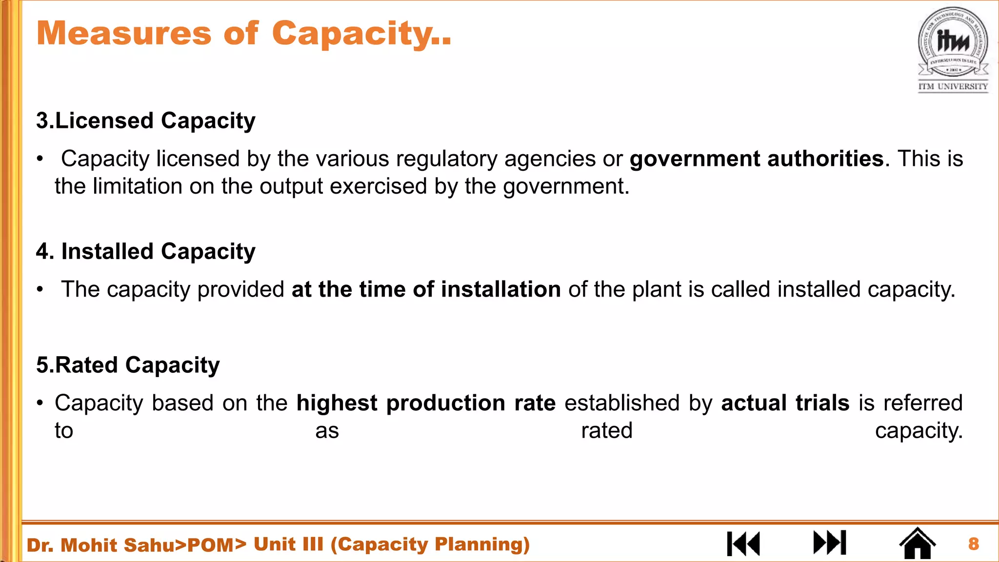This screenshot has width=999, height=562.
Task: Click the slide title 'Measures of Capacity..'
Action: pos(244,33)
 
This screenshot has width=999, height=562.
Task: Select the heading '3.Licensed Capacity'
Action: pos(145,120)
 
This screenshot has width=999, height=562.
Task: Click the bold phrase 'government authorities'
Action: pos(757,159)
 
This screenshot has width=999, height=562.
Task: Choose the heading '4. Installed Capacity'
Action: pos(145,251)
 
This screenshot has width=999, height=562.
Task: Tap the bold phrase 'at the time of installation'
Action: pos(426,289)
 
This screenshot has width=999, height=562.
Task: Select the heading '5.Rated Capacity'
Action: pos(128,365)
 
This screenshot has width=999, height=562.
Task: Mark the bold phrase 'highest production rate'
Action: pos(426,403)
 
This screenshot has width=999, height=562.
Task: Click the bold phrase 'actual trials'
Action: pos(785,403)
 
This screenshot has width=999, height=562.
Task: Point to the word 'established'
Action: pos(622,403)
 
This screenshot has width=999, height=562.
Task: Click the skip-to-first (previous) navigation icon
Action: pos(743,543)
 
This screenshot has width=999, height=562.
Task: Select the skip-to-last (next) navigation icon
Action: pos(830,542)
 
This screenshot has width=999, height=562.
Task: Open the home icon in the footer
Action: pos(917,543)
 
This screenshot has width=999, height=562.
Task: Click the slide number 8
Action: pos(974,543)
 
